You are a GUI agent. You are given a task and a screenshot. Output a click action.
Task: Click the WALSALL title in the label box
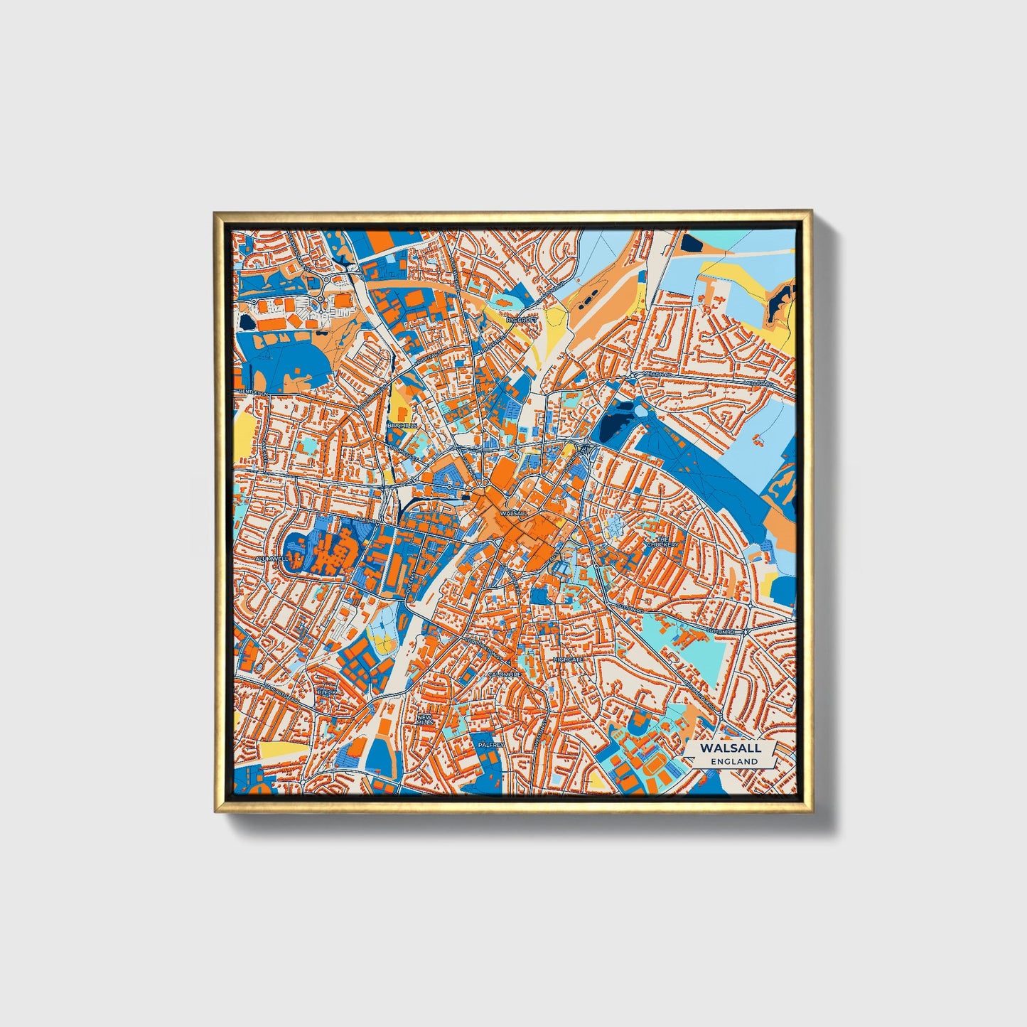click(730, 748)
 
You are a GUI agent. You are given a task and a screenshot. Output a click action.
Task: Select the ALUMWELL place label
click(271, 559)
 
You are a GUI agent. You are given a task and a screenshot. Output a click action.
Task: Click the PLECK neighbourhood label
click(326, 691)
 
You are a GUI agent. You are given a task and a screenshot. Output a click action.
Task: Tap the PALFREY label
click(491, 744)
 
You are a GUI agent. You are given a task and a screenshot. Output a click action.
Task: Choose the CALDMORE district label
click(504, 674)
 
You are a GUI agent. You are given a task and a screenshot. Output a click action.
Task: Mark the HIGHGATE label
click(568, 660)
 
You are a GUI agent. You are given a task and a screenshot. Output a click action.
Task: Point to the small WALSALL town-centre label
click(513, 512)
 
